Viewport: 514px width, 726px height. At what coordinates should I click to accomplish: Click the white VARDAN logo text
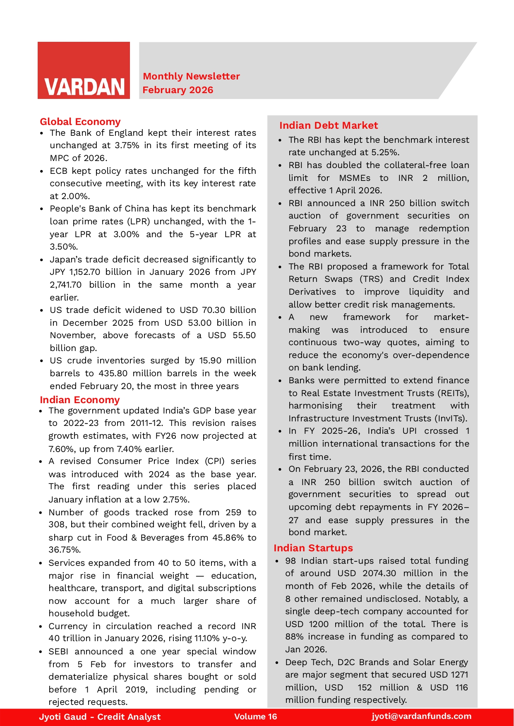[x=84, y=87]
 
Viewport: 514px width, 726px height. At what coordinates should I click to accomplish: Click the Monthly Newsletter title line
[x=191, y=76]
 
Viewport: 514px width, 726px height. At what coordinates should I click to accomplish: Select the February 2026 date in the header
[x=178, y=90]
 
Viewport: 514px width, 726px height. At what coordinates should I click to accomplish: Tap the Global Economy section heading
[x=80, y=122]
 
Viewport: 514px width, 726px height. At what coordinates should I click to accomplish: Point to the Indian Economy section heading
[x=79, y=400]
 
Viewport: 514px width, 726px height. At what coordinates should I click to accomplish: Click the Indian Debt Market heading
[x=328, y=125]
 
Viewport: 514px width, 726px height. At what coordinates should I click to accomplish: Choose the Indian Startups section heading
[x=313, y=548]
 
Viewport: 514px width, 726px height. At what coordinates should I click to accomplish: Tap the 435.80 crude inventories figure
[x=113, y=373]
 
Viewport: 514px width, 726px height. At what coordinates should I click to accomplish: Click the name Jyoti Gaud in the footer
[x=63, y=717]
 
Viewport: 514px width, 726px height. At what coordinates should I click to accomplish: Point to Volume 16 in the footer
[x=255, y=717]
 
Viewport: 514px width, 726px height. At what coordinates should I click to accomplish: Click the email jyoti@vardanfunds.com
[x=421, y=716]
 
